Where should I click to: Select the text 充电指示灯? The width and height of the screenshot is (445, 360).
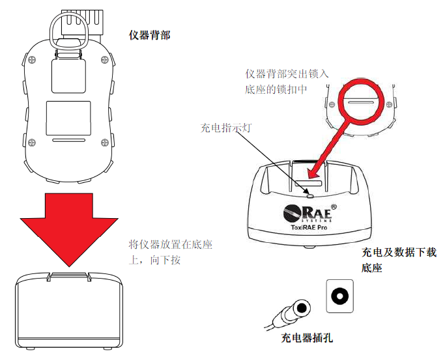225,128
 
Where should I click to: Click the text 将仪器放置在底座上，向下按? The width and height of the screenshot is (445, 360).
171,253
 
